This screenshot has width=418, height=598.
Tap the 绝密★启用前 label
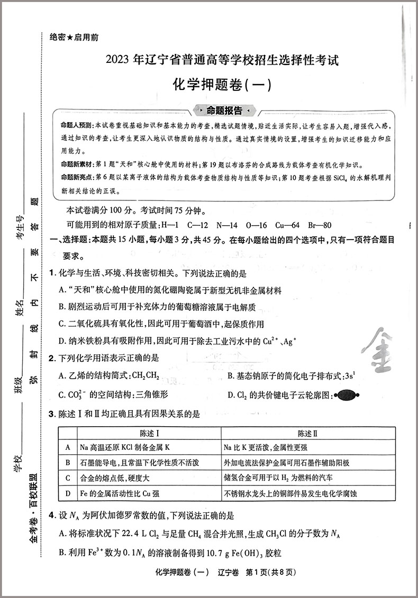[74, 38]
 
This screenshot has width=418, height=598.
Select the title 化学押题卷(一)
[222, 85]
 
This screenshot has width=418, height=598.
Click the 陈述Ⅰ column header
[149, 434]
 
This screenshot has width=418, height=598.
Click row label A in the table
[68, 447]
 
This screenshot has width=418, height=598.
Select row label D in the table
[68, 493]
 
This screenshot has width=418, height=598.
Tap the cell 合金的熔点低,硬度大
[115, 478]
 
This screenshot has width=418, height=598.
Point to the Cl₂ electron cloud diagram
[346, 394]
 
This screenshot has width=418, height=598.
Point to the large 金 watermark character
[380, 351]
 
